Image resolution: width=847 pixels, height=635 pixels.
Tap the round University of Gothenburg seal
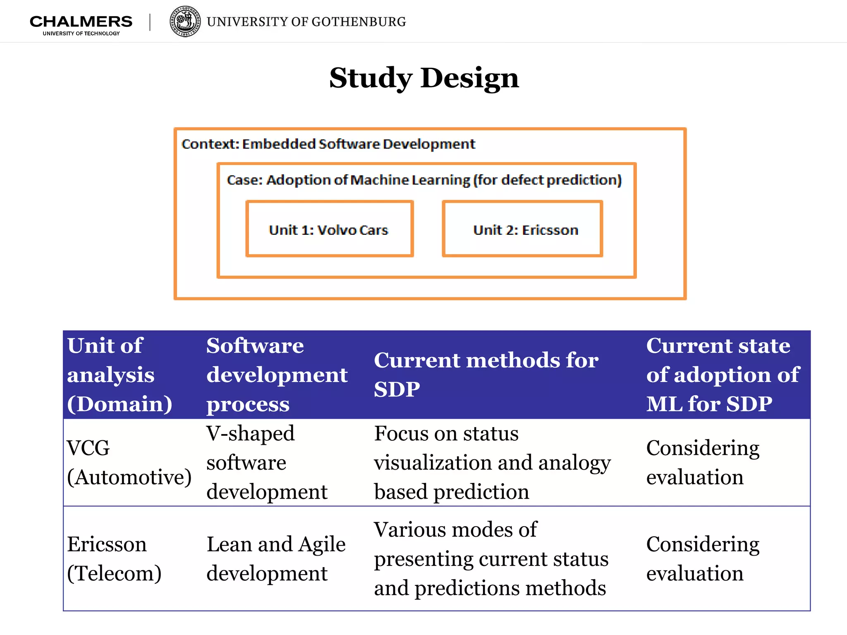coord(185,21)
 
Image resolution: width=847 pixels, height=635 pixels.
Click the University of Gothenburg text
coord(306,22)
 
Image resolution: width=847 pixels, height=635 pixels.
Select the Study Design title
coord(424,78)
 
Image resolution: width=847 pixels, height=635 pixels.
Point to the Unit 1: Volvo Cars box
coord(329,229)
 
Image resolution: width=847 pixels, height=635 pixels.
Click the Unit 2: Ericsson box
coord(522,229)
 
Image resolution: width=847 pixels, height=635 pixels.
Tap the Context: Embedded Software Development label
coord(328,144)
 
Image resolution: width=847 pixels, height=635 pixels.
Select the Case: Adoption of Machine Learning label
coord(424,180)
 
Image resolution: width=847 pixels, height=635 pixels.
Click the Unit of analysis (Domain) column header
coord(120,375)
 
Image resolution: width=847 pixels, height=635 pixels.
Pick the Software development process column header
coord(277,375)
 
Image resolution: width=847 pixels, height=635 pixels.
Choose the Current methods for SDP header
coord(486,375)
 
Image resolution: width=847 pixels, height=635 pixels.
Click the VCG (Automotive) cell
coord(129,462)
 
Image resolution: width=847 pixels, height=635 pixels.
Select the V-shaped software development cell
coord(267,462)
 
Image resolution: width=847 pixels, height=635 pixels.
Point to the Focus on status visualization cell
coord(492,462)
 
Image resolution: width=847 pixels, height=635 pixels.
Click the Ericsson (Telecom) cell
coord(114,559)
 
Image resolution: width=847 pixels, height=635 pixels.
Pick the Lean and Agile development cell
coord(276,559)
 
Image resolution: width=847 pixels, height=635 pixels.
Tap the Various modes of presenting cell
coord(491,559)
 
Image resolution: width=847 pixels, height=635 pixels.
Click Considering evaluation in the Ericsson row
coord(703,559)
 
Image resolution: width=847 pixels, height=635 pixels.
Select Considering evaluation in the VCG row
coord(703,462)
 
